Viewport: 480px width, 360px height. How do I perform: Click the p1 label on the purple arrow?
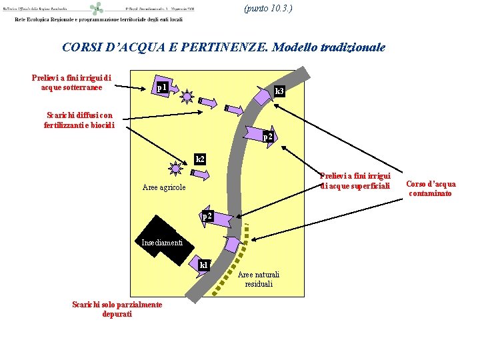click(160, 87)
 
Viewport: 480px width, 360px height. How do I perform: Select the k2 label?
click(200, 159)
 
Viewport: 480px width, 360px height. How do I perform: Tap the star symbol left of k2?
click(176, 169)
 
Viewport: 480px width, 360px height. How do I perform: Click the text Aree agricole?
click(164, 187)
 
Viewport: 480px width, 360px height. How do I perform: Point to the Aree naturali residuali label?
click(259, 279)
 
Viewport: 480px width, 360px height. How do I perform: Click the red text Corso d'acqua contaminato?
click(431, 189)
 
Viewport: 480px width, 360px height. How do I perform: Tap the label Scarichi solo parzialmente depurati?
click(117, 309)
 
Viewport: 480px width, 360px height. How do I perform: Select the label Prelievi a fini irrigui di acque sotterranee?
click(71, 83)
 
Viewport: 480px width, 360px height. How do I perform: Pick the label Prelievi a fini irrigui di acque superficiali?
click(355, 181)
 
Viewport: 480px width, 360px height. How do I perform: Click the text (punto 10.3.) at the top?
click(268, 9)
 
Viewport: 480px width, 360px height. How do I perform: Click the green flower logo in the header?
click(97, 9)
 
